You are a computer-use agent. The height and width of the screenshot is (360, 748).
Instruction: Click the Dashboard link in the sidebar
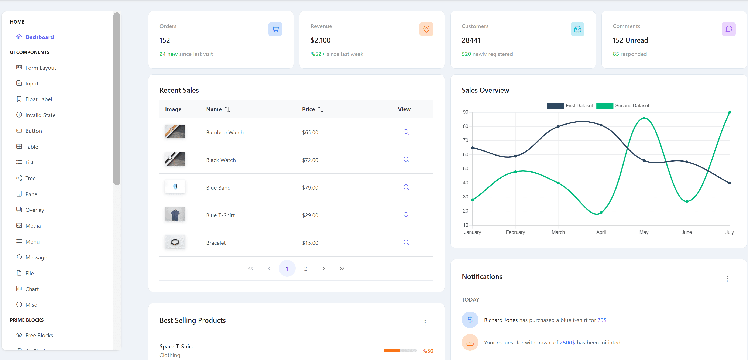[39, 37]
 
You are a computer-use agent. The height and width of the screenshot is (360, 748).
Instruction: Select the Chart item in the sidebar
[32, 289]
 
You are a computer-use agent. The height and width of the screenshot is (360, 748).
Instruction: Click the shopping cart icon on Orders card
[275, 29]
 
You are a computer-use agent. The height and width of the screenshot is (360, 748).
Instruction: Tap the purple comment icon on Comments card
[728, 29]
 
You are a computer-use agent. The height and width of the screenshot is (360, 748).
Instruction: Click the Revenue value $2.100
[320, 40]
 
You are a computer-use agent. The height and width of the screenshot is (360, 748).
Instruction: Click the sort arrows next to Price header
[320, 109]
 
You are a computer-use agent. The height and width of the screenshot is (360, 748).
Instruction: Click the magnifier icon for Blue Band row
[406, 187]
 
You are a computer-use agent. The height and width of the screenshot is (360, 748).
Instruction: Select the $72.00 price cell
[310, 160]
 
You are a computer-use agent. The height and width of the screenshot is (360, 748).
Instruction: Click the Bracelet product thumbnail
[175, 242]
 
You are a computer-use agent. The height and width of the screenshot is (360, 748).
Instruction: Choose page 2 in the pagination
[305, 268]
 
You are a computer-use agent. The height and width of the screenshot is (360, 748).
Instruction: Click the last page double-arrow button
[342, 268]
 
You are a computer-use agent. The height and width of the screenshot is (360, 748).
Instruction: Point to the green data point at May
[644, 118]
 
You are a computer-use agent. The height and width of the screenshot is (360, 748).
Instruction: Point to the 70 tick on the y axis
[466, 140]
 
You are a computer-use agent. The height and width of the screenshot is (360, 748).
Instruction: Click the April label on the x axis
[601, 232]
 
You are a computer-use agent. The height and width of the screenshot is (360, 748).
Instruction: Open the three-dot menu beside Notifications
[727, 279]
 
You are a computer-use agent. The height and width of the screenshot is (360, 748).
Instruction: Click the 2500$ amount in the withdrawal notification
[567, 343]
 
